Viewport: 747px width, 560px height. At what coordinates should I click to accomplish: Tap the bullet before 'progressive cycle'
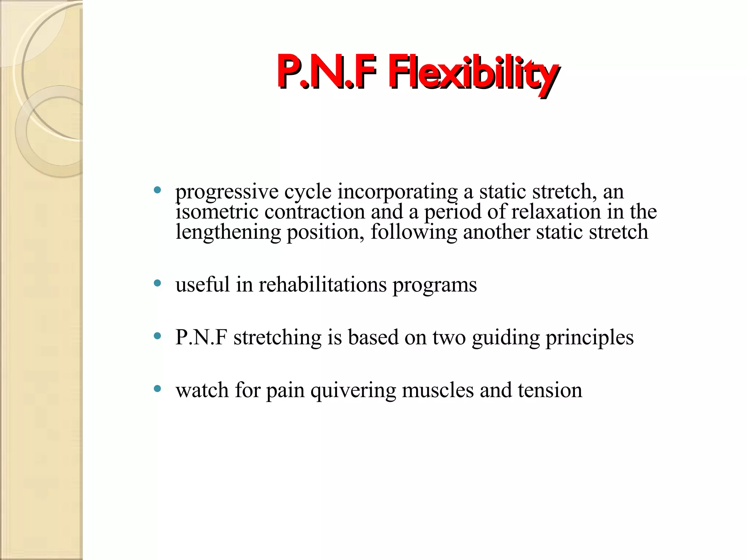(x=158, y=190)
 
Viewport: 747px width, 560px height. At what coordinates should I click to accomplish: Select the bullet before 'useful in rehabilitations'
(x=158, y=283)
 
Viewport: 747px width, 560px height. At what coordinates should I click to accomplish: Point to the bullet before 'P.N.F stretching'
(x=158, y=336)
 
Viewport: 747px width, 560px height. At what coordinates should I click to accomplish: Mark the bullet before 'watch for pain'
(x=158, y=389)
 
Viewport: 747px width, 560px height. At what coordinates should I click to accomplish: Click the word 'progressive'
(x=227, y=192)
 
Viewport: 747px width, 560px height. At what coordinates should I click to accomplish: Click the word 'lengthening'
(x=228, y=232)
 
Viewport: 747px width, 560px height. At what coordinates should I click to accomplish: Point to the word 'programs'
(x=434, y=285)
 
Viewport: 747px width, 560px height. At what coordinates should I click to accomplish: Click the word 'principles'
(x=589, y=338)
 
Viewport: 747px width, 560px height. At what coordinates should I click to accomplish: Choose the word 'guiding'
(x=506, y=338)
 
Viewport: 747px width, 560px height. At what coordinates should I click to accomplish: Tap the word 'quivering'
(x=353, y=390)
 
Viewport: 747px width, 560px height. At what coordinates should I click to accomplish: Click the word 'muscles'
(x=438, y=390)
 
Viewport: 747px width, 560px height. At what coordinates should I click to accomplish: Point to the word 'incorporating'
(x=397, y=192)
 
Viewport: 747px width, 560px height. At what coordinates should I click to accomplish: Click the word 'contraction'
(x=314, y=212)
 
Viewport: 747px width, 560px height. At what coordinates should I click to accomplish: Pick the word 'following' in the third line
(x=414, y=232)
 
